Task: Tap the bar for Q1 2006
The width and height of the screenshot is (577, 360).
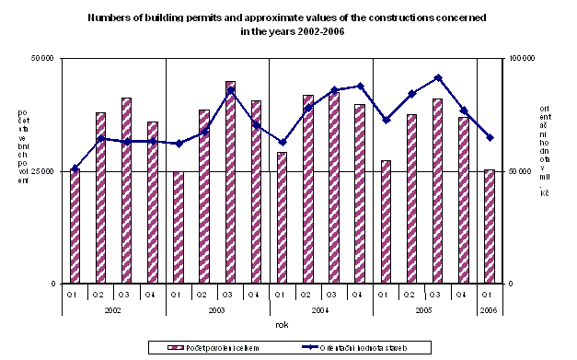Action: click(489, 226)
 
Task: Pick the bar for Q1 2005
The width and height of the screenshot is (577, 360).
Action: click(386, 222)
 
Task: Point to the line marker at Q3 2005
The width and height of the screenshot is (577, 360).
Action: click(438, 77)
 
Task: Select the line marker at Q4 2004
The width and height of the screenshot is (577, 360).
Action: click(360, 86)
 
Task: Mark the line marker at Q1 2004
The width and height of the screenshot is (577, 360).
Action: click(283, 143)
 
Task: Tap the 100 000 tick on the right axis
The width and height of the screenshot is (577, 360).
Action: click(523, 59)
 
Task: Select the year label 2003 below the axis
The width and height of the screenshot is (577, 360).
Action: click(217, 311)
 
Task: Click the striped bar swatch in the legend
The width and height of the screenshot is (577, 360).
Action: click(173, 347)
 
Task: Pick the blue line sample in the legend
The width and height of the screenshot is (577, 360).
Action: click(317, 347)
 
